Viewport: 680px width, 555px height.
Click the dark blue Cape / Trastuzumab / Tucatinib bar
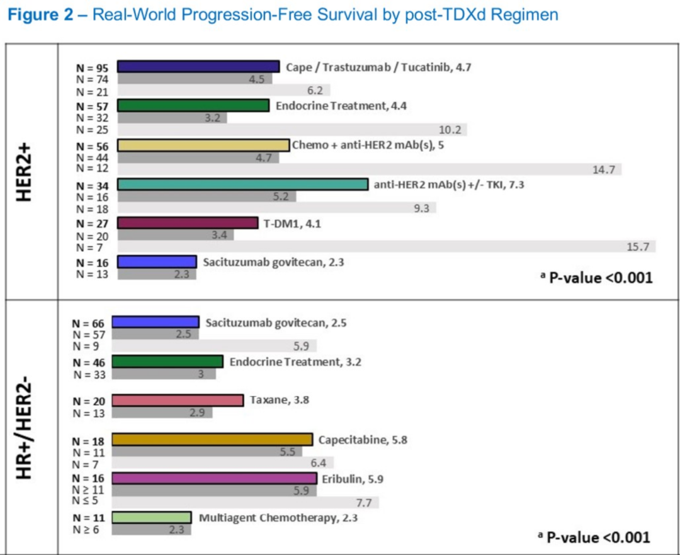(198, 67)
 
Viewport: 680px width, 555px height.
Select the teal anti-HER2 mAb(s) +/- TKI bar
(242, 185)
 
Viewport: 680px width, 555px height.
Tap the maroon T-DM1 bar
(188, 223)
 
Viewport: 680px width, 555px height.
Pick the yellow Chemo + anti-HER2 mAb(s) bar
(203, 146)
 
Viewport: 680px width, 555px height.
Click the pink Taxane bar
(178, 401)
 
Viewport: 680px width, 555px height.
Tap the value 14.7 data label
(604, 169)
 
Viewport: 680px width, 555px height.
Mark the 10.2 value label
(450, 130)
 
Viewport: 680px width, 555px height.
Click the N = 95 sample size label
(93, 67)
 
